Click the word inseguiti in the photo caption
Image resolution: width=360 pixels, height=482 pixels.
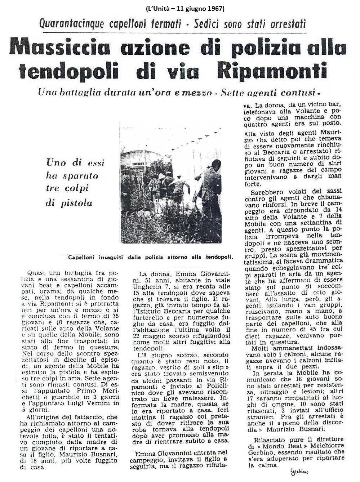coord(106,257)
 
